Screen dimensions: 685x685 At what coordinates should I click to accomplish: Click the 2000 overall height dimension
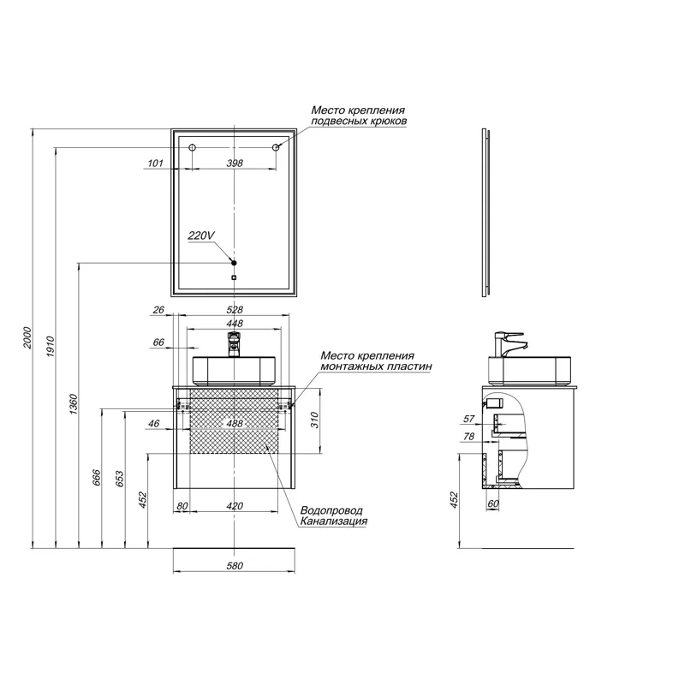click(27, 337)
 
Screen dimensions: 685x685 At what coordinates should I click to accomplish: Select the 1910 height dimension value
click(51, 347)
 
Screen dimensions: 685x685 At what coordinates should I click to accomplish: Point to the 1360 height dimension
click(74, 404)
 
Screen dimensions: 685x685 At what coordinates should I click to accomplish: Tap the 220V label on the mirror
click(201, 235)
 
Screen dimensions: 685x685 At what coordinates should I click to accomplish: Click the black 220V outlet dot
click(234, 263)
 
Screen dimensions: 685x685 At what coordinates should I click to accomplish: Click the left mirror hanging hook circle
click(192, 147)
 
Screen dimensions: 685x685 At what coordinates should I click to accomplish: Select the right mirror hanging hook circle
click(276, 147)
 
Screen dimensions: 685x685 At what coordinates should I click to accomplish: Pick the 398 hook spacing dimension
click(235, 163)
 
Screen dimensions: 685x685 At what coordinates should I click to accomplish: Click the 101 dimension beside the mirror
click(155, 163)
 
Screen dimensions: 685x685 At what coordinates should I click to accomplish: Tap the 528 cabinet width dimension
click(235, 310)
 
